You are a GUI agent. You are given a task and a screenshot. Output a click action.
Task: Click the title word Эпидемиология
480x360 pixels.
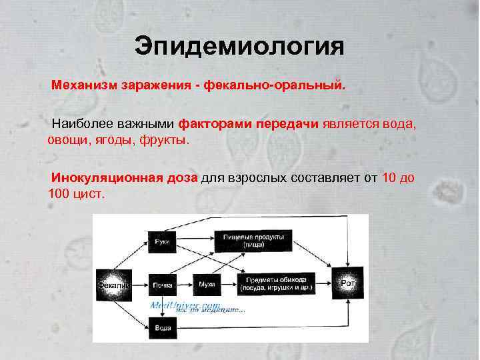point(239,47)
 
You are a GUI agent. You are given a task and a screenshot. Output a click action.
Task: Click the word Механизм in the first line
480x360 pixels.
point(85,86)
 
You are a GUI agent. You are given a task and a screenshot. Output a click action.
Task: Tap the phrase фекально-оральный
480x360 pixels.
point(276,86)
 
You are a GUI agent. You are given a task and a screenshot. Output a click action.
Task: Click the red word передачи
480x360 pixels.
point(289,124)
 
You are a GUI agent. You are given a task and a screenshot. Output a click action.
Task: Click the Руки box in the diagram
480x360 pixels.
point(161,241)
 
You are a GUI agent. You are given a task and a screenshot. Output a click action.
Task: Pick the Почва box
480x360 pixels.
point(162,285)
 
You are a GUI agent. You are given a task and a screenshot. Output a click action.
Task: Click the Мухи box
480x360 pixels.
point(206,285)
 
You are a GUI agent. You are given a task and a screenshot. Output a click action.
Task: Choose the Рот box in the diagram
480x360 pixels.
point(348,283)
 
